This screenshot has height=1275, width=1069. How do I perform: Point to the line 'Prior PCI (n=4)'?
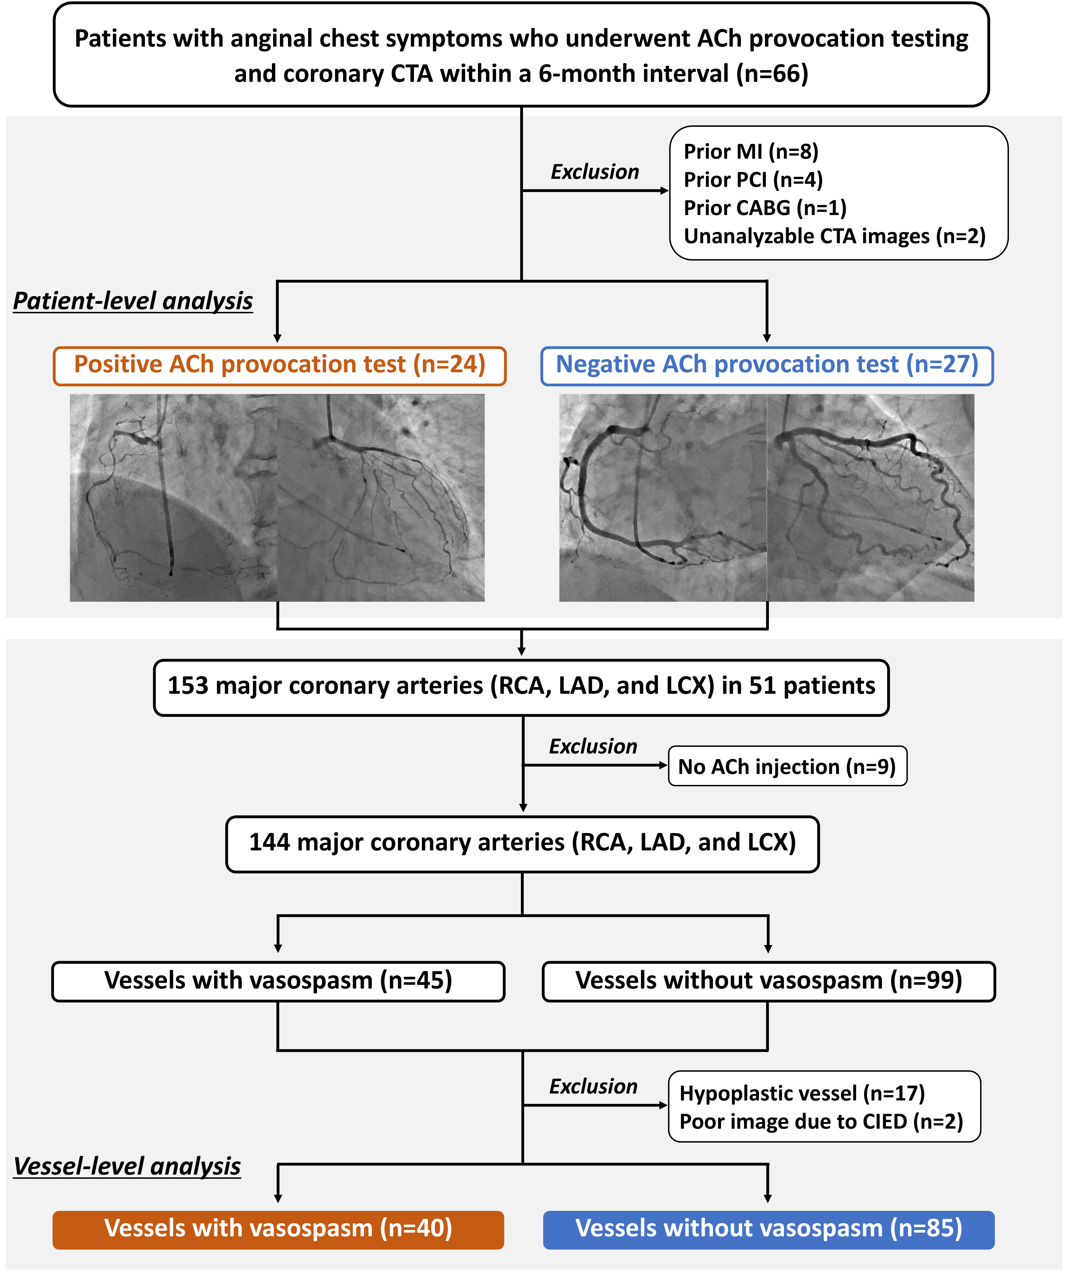(x=753, y=180)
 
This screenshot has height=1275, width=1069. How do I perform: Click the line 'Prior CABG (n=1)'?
(x=765, y=208)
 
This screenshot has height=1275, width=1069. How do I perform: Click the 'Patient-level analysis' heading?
(x=133, y=301)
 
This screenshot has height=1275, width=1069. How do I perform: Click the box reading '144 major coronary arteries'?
(x=522, y=843)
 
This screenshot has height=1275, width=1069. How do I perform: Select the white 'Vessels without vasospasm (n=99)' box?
(x=768, y=980)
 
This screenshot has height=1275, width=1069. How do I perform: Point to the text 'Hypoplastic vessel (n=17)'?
(x=801, y=1093)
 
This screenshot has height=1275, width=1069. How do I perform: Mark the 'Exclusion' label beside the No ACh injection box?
(x=593, y=746)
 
